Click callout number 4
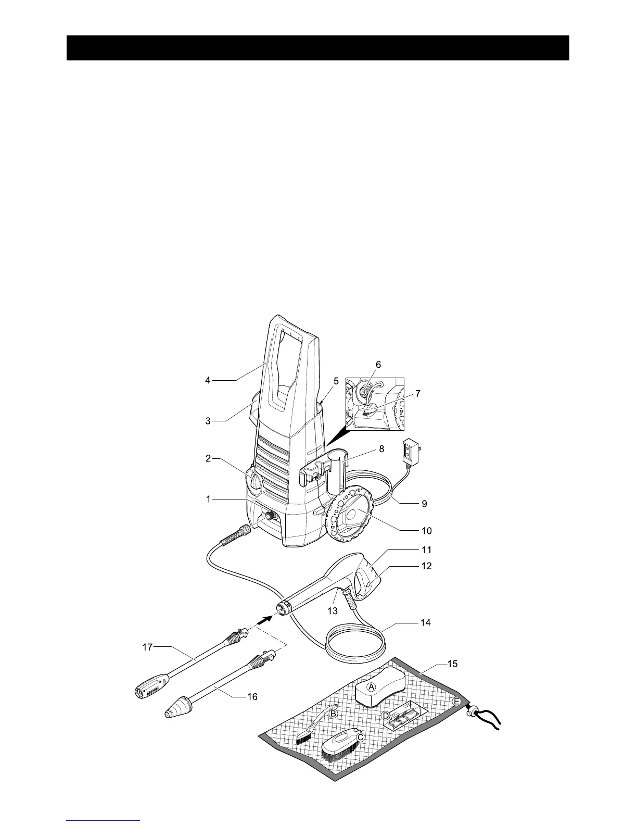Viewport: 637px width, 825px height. coord(208,381)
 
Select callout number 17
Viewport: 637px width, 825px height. coord(148,647)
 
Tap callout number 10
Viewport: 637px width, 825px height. coord(427,531)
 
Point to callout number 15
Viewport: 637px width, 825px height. coord(454,664)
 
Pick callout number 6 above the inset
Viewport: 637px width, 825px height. coord(378,365)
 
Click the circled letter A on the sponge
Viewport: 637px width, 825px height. coord(372,687)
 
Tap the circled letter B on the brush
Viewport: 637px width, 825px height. coord(334,713)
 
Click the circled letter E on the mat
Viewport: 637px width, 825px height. coord(456,702)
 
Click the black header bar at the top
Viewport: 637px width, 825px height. coord(318,48)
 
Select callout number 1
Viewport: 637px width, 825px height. coord(208,499)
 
